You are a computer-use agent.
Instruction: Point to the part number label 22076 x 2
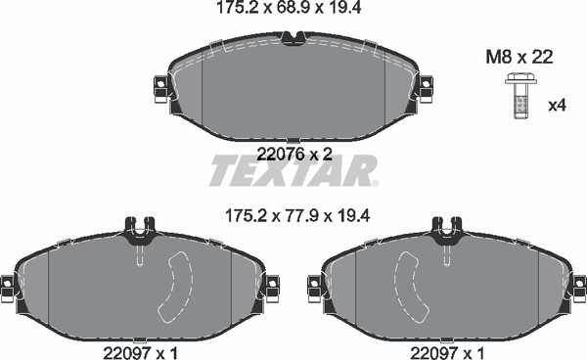coord(293,153)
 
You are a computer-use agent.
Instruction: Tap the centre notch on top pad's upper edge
coord(292,37)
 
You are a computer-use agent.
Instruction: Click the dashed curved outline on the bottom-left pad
coord(177,284)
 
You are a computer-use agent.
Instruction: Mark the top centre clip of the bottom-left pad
coord(139,231)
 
